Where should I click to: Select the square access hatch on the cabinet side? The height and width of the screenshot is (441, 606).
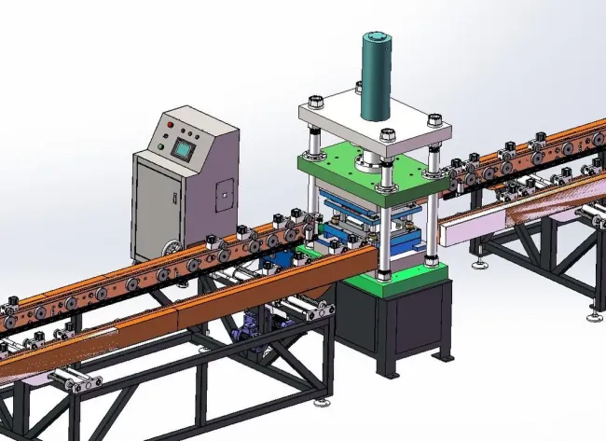coord(224,194)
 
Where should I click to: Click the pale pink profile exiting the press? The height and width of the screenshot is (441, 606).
coord(475,227)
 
